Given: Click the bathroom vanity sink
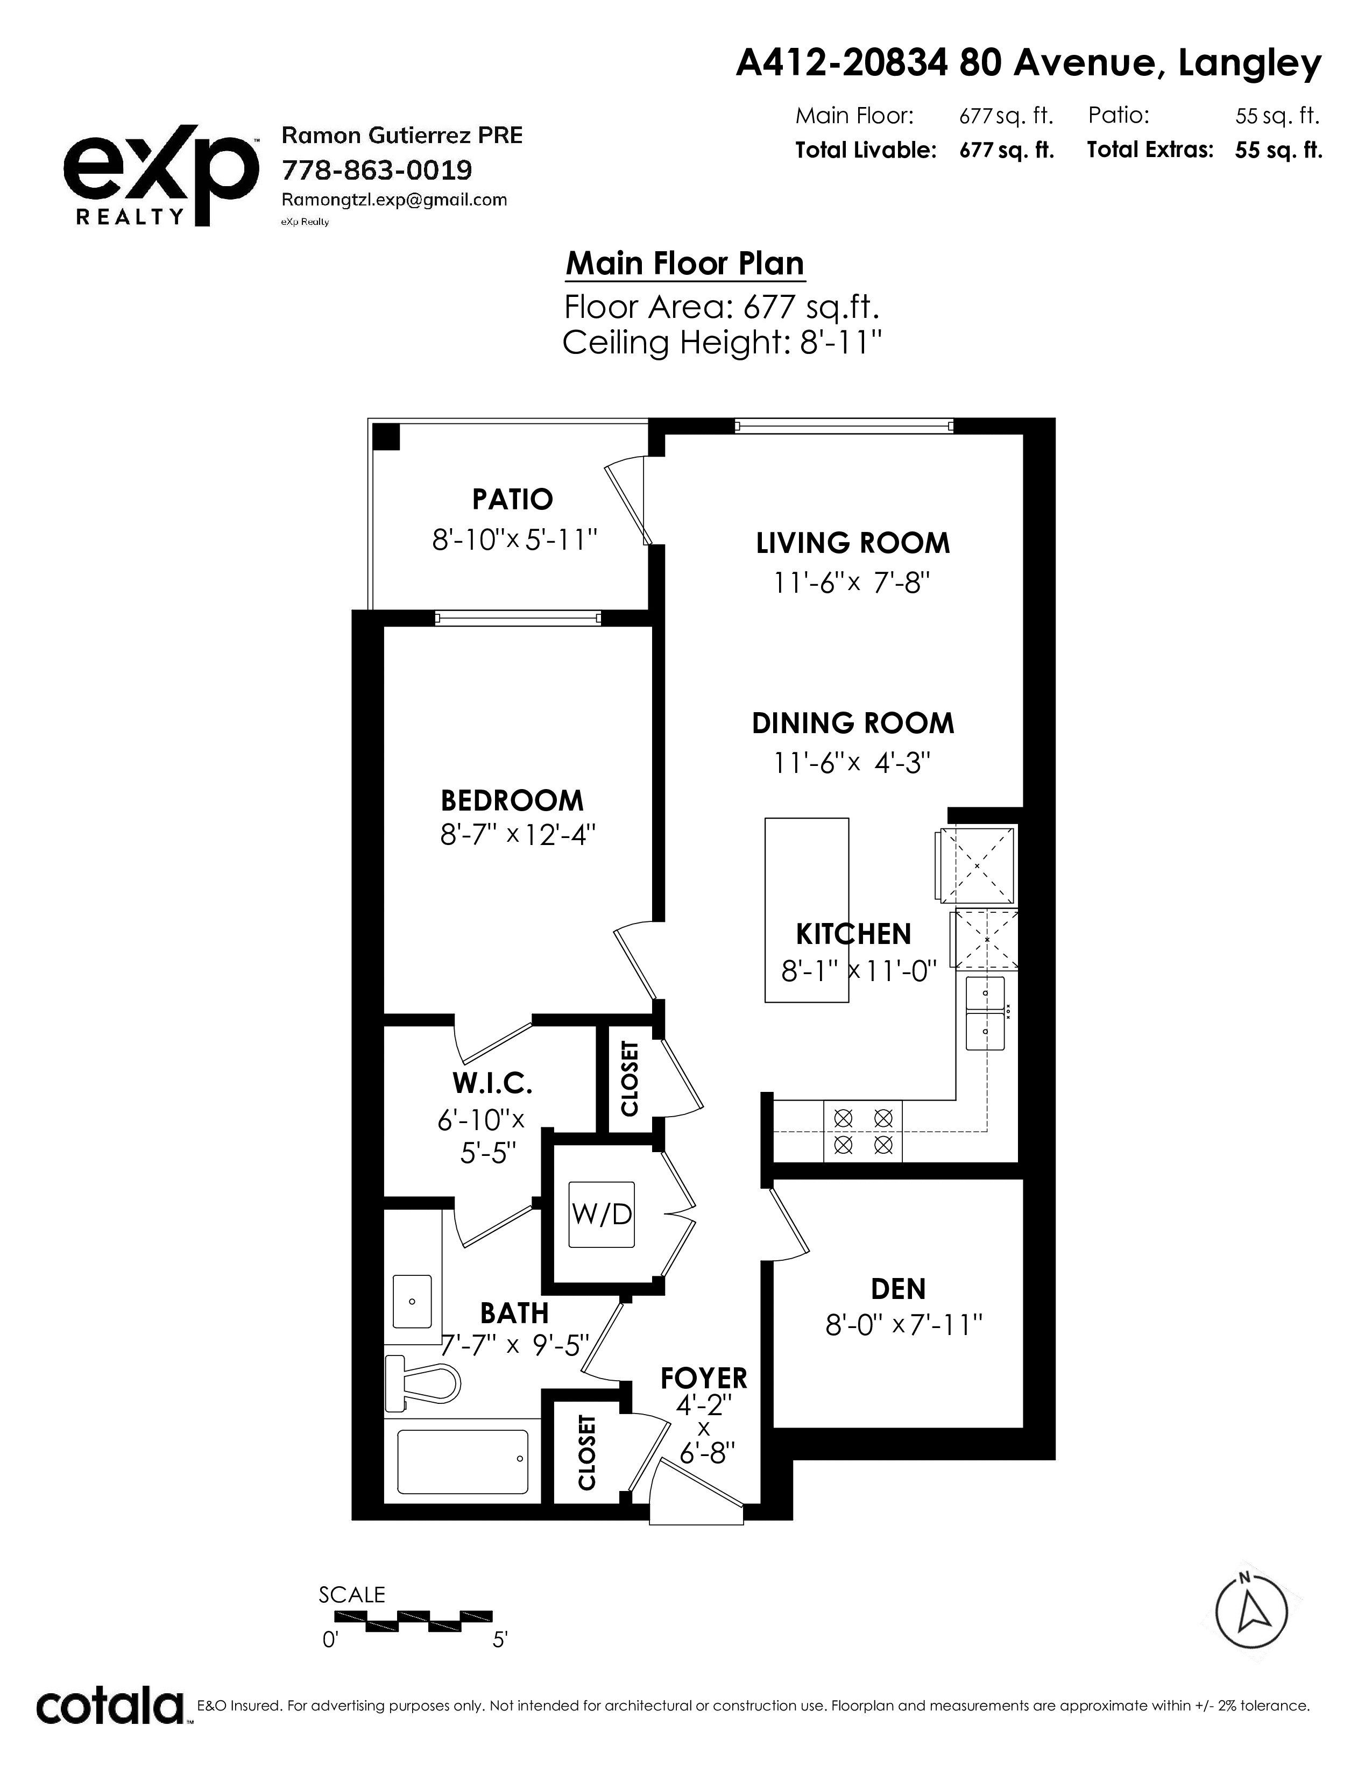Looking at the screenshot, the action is click(x=412, y=1301).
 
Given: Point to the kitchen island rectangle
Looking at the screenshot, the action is click(x=807, y=910).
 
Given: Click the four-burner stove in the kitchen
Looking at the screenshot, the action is click(x=863, y=1132).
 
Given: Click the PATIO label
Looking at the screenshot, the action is click(x=513, y=499).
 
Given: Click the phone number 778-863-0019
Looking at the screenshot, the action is click(x=376, y=170).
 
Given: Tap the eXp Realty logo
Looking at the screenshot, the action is click(x=161, y=175).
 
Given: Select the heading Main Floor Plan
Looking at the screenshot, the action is click(x=685, y=264).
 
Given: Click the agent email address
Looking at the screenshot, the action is click(x=394, y=200).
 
